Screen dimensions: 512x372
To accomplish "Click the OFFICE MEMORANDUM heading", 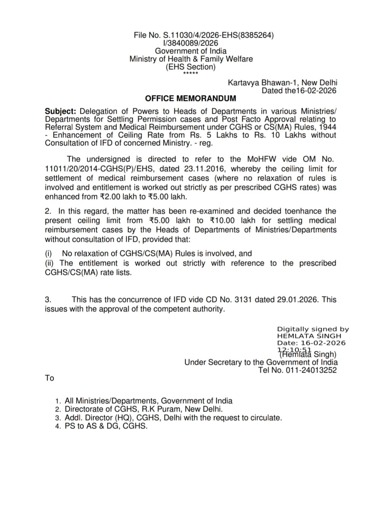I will pyautogui.click(x=190, y=98).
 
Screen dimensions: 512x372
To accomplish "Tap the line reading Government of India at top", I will pyautogui.click(x=190, y=51).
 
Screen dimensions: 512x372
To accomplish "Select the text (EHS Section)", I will pyautogui.click(x=190, y=67).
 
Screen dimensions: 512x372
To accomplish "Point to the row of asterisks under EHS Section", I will pyautogui.click(x=190, y=74).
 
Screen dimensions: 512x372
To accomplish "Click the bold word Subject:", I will pyautogui.click(x=60, y=111).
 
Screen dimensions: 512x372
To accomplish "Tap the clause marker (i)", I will pyautogui.click(x=49, y=254).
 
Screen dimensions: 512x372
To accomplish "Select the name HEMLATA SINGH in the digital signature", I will pyautogui.click(x=309, y=336).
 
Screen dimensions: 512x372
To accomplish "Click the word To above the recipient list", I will pyautogui.click(x=49, y=378).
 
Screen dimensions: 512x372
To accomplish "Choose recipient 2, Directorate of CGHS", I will pyautogui.click(x=144, y=409).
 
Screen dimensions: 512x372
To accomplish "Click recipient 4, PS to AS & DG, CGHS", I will pyautogui.click(x=106, y=426).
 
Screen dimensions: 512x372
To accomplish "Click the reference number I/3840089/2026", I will pyautogui.click(x=190, y=43).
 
